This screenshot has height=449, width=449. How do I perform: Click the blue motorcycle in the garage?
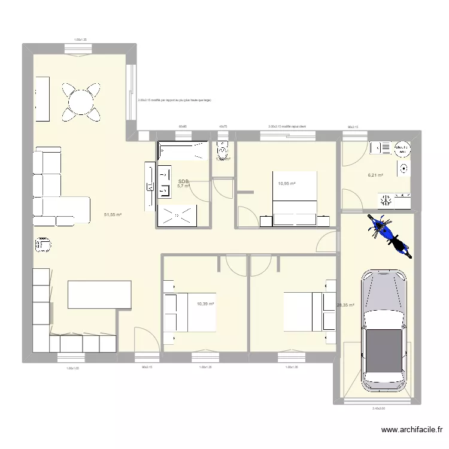(388, 235)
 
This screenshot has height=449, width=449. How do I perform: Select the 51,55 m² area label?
(113, 214)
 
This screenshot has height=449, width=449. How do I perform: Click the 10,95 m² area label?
(287, 183)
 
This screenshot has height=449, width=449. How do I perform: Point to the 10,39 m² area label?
(205, 304)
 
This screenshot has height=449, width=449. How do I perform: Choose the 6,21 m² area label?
(375, 175)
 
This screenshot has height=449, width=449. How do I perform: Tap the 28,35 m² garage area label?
(345, 305)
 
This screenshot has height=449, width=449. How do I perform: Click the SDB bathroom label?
(183, 181)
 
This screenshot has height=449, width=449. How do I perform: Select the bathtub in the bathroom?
(183, 151)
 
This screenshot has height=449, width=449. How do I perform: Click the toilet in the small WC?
(223, 150)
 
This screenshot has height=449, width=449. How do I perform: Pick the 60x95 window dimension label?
(182, 127)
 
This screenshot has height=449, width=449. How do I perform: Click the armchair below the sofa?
(44, 244)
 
